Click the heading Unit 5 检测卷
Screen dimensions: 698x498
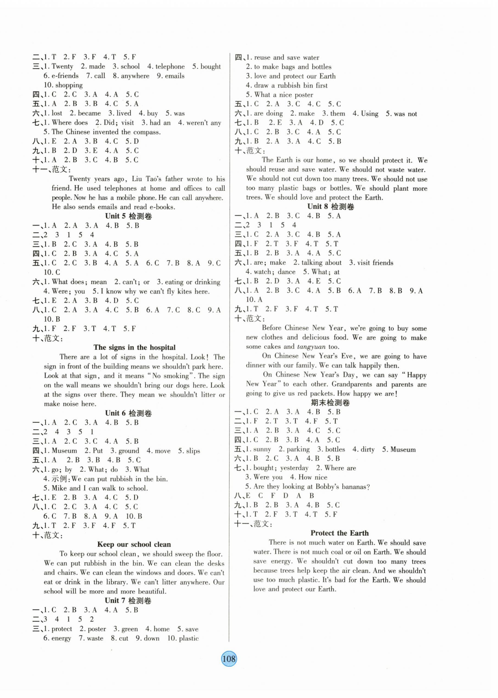coord(128,216)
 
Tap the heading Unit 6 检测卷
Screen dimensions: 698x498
coord(128,413)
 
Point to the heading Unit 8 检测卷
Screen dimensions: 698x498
coord(330,207)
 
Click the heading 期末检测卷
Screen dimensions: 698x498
coord(330,403)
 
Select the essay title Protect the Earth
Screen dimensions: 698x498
coord(339,533)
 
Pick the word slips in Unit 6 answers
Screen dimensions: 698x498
coord(193,451)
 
